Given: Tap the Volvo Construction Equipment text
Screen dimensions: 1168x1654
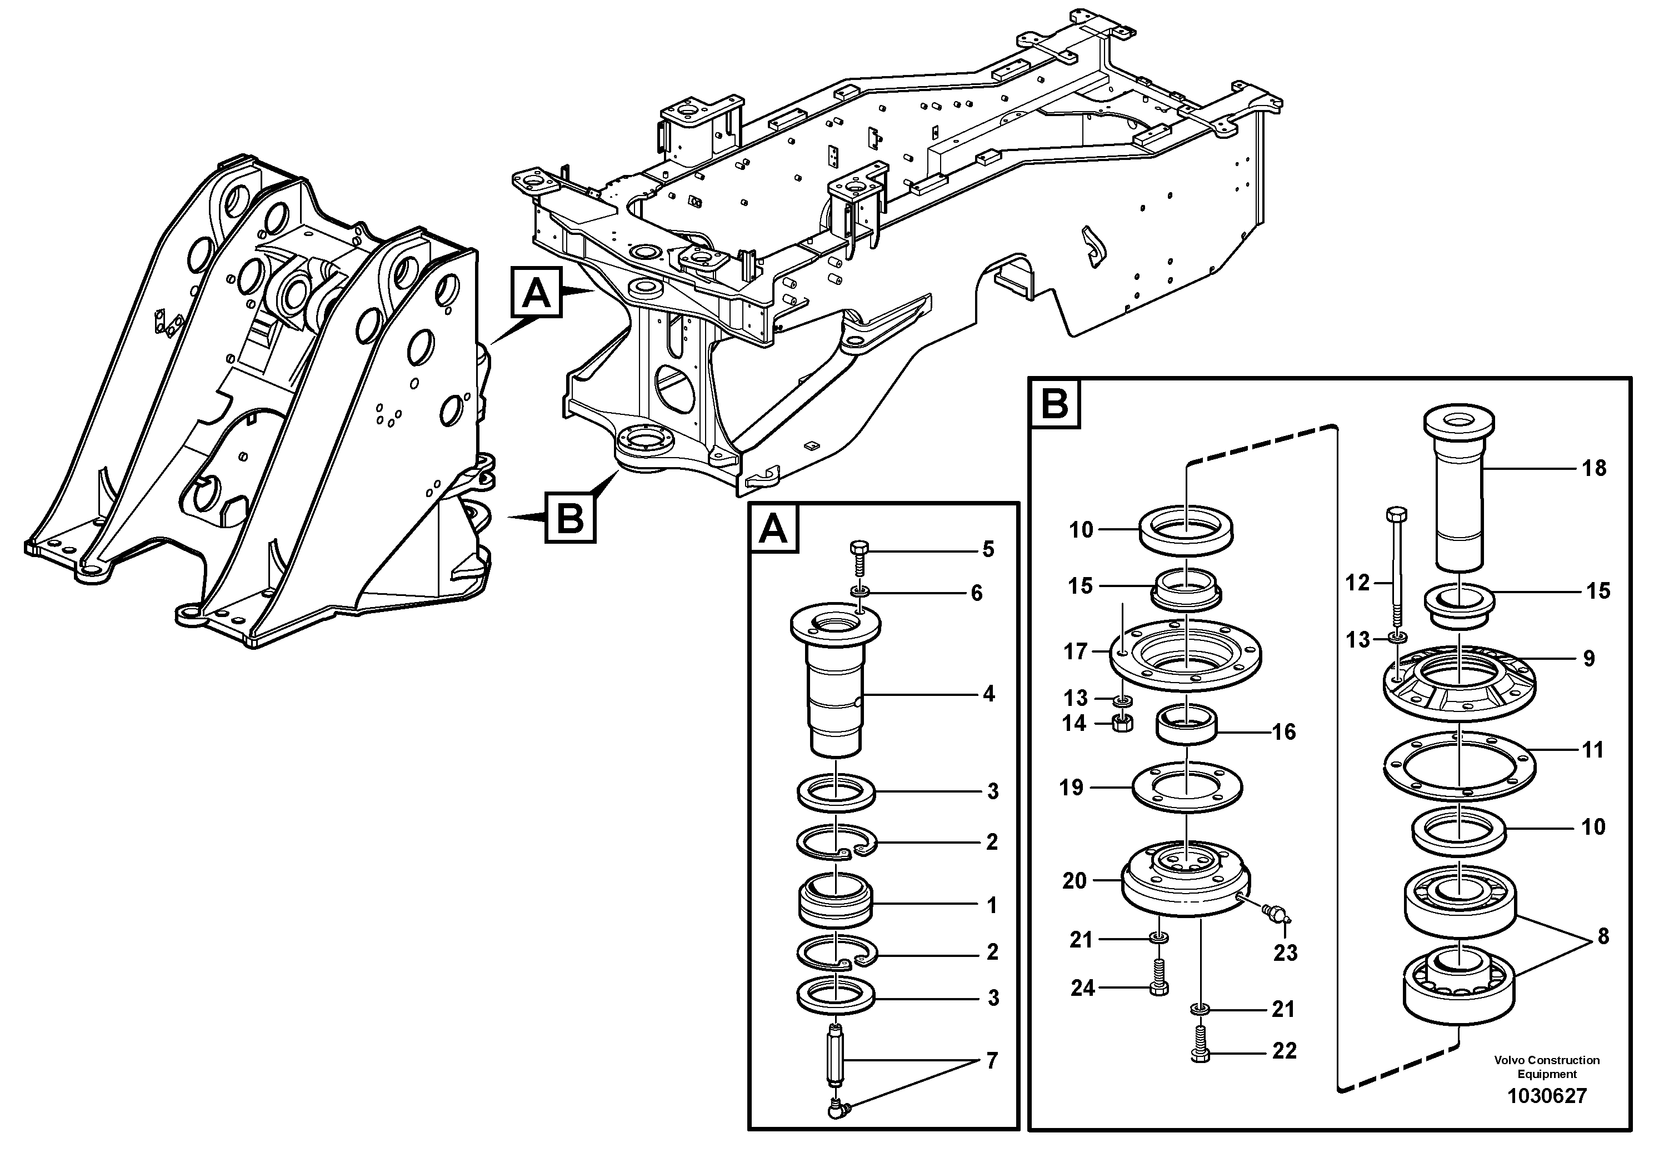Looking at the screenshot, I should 1547,1066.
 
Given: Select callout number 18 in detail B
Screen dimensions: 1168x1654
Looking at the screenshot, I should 1593,468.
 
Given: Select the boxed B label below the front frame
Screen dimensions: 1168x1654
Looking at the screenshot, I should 571,517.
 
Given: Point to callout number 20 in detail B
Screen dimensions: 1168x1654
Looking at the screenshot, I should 1074,881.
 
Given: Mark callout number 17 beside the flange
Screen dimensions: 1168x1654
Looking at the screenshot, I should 1076,651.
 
